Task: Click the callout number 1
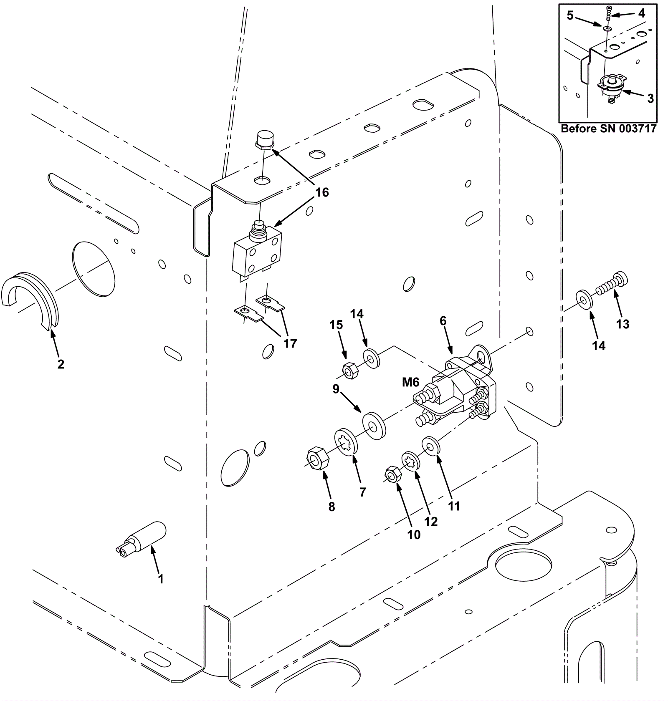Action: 160,579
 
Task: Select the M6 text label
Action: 410,382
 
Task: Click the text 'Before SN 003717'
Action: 608,128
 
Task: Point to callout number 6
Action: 443,320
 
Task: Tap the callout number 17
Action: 290,343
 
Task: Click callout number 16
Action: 322,192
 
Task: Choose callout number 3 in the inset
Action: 650,98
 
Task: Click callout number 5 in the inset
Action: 570,16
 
